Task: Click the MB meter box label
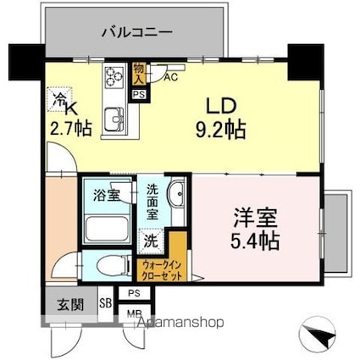coord(133,313)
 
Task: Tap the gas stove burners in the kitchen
coord(113,77)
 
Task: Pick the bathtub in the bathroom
coord(107,228)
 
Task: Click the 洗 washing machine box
coord(150,240)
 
